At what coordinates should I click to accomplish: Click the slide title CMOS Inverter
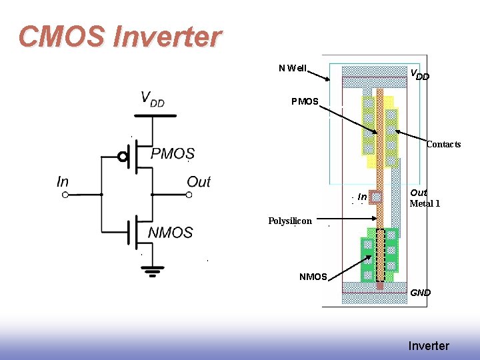(119, 37)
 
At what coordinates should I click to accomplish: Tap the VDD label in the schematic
(152, 99)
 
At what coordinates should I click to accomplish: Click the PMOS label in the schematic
(173, 154)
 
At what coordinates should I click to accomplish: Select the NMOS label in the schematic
(170, 233)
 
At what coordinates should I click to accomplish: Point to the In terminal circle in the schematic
(65, 195)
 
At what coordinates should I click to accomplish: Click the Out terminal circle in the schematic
(189, 195)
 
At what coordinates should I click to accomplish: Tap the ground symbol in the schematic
(153, 271)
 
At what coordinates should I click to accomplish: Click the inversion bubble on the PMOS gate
(123, 157)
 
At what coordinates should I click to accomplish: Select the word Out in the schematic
(198, 181)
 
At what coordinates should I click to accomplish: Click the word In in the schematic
(63, 181)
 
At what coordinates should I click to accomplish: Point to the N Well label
(293, 68)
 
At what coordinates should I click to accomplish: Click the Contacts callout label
(443, 145)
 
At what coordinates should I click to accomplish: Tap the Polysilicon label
(290, 221)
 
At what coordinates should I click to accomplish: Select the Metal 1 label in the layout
(425, 203)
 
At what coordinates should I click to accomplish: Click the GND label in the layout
(420, 293)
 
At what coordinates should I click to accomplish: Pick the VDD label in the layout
(419, 75)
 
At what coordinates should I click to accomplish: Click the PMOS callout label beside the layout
(305, 102)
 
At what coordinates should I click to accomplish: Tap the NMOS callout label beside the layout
(313, 277)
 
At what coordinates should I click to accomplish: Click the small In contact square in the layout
(377, 197)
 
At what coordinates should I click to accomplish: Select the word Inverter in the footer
(429, 346)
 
